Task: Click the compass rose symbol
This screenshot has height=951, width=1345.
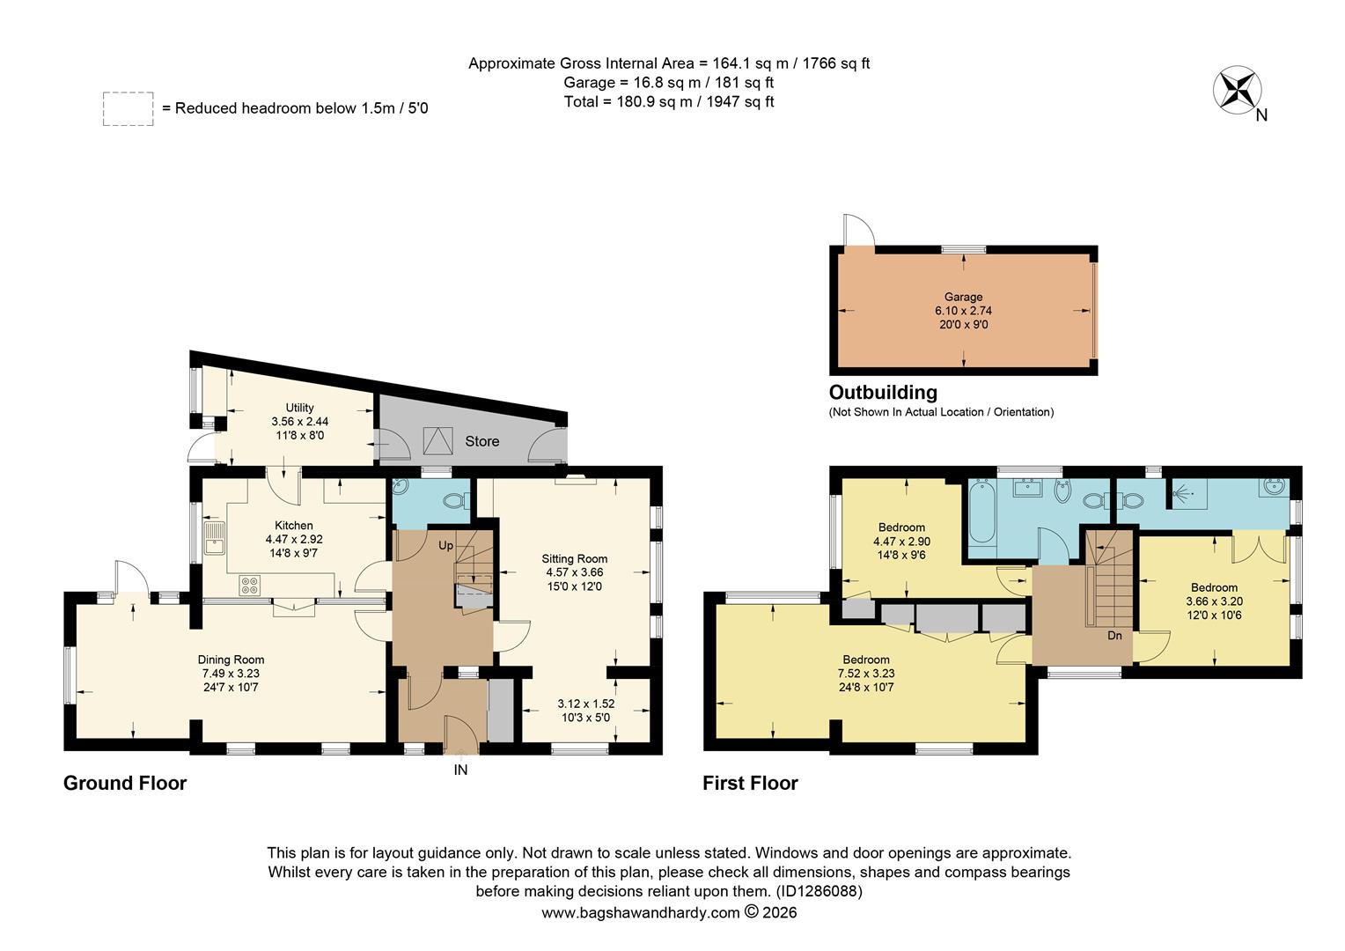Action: point(1238,90)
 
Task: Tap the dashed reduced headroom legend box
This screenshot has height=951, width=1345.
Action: point(128,108)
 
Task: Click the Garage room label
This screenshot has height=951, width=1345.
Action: point(963,298)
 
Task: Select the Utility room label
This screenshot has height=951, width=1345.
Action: point(299,408)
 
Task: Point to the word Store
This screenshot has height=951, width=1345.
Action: point(481,441)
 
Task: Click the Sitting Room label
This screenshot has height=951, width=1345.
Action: point(574,559)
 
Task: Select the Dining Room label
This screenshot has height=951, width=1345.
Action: point(231,660)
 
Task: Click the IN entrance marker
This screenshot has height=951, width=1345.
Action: point(460,770)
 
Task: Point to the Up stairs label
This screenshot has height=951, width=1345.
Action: point(446,546)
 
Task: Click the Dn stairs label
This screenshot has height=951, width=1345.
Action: point(1114,635)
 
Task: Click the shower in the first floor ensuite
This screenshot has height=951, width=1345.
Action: point(1187,493)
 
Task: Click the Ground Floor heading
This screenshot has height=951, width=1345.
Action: point(125,783)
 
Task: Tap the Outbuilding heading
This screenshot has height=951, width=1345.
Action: point(883,393)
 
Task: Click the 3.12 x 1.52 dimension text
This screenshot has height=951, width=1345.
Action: point(585,704)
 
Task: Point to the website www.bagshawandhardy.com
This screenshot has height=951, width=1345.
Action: point(640,913)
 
